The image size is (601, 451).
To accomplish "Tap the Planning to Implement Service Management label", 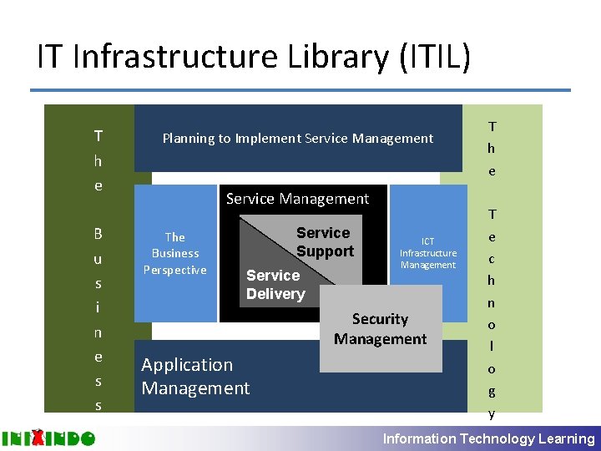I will click(x=298, y=139).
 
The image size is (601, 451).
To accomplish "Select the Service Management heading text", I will click(x=297, y=199).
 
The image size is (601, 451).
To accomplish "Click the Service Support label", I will click(x=324, y=241).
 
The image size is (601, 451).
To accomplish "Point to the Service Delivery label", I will click(x=275, y=284).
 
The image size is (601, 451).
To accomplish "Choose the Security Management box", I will click(x=380, y=328).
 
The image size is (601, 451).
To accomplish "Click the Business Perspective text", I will click(x=175, y=253).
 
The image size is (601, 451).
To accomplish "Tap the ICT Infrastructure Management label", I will click(x=428, y=253).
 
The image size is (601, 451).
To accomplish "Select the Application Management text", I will click(x=195, y=376).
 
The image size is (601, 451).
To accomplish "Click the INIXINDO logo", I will click(x=48, y=438).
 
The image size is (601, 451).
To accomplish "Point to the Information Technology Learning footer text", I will click(x=488, y=438).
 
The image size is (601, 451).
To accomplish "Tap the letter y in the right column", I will click(x=492, y=413).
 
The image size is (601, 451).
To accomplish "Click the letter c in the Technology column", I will click(x=492, y=259).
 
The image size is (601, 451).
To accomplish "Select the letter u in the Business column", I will click(x=98, y=259).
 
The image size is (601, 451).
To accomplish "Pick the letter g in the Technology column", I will click(x=492, y=390).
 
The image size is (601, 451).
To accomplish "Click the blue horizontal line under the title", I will click(x=300, y=90).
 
